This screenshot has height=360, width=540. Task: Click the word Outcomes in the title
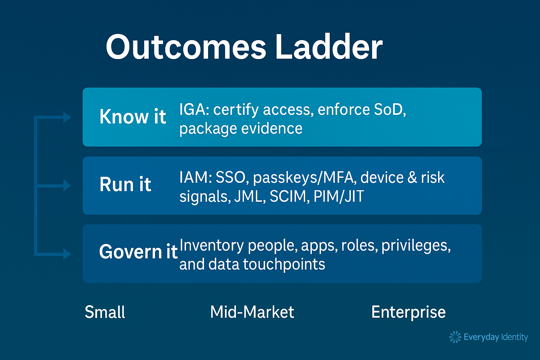[186, 47]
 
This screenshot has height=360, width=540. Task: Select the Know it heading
[133, 117]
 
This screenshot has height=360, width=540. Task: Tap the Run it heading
[126, 184]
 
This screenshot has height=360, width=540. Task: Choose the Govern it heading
[139, 252]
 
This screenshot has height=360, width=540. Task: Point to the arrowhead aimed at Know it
[67, 117]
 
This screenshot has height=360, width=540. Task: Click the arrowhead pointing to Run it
[67, 186]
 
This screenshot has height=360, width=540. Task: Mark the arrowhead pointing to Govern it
[67, 254]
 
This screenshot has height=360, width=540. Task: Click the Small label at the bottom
[105, 312]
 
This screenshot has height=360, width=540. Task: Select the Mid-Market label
[252, 312]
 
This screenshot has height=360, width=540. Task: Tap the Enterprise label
[409, 313]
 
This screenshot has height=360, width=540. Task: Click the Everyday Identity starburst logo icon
[455, 337]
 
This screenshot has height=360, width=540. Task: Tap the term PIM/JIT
[339, 196]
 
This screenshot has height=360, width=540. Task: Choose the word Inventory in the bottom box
[212, 246]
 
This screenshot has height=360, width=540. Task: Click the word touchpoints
[284, 264]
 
